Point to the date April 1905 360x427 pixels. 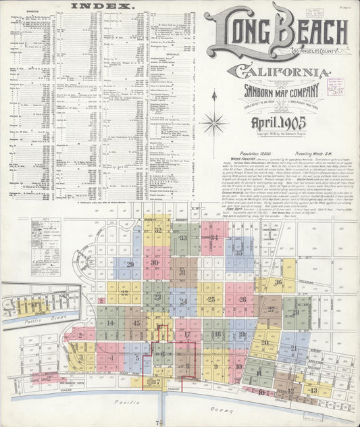(278, 123)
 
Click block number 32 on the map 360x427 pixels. (157, 230)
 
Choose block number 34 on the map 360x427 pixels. (213, 238)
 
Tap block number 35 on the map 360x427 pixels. (239, 253)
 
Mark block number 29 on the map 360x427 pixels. (130, 264)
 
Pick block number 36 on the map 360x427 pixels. (278, 282)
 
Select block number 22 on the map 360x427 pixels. (125, 293)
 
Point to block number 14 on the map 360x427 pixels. (109, 323)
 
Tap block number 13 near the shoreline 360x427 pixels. (313, 390)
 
